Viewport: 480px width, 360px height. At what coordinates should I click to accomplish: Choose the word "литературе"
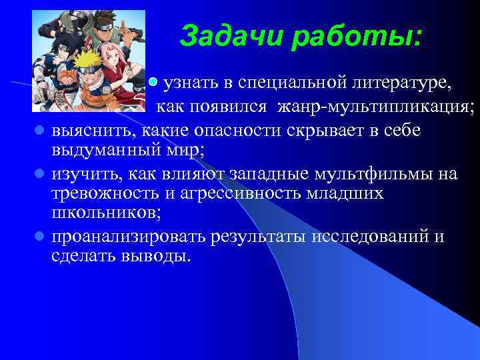point(399,83)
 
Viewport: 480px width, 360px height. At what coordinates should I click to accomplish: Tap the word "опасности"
point(239,129)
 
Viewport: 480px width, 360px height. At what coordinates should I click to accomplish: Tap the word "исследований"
point(373,237)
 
